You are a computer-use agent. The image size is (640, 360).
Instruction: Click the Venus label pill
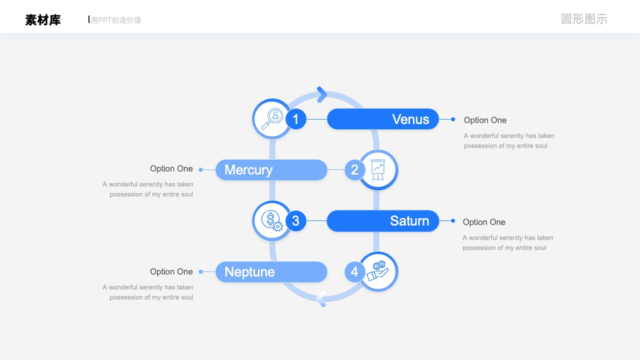(383, 119)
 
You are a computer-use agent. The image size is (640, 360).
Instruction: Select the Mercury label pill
(271, 170)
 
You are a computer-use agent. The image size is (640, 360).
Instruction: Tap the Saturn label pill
(383, 221)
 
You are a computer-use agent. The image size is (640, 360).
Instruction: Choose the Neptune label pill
(271, 271)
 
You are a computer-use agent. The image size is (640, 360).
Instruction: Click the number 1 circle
(295, 119)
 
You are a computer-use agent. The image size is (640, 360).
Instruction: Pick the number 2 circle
(354, 170)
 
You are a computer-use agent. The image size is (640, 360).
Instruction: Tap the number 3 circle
(295, 221)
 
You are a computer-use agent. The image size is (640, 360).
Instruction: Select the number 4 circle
(354, 271)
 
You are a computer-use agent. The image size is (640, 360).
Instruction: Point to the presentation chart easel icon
(378, 170)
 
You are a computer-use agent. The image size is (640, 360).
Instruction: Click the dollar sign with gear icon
(272, 221)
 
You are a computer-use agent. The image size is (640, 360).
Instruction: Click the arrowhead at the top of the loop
(322, 94)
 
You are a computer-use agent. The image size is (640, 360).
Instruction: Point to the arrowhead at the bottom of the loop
(321, 299)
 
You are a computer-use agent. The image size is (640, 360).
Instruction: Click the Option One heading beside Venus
(485, 120)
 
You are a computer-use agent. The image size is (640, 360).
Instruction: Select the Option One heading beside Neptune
(171, 271)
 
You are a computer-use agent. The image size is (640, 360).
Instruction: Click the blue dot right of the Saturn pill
(453, 221)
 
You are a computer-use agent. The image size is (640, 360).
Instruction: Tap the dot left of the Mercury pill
(201, 170)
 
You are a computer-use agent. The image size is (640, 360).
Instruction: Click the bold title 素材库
(43, 20)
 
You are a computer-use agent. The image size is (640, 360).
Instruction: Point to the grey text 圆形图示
(584, 19)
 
